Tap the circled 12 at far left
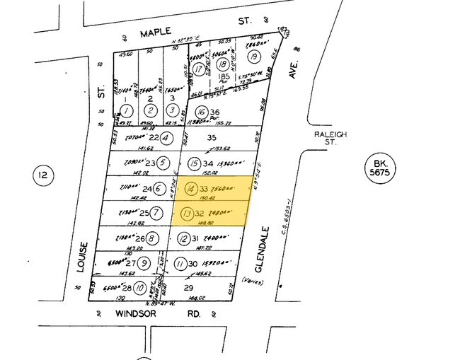[x=43, y=175]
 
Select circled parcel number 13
[x=188, y=213]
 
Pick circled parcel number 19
[x=252, y=57]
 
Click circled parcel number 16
[x=201, y=112]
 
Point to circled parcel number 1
[x=126, y=110]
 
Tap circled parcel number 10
[x=140, y=288]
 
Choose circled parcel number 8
[x=151, y=238]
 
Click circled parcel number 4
[x=166, y=138]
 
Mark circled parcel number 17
[x=200, y=69]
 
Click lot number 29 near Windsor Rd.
[x=189, y=288]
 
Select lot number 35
[x=209, y=139]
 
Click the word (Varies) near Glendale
[x=254, y=281]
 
